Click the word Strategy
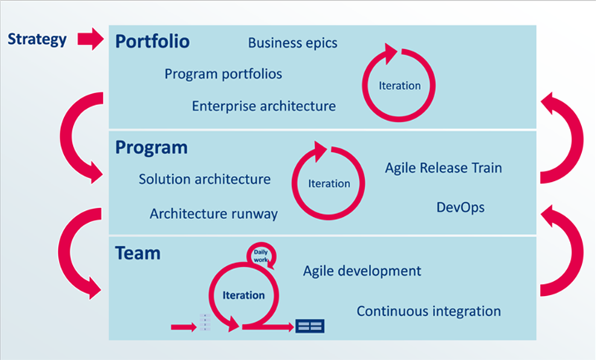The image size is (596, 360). coord(37,40)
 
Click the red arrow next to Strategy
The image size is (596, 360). coord(91,39)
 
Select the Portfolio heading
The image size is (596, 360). coord(153,42)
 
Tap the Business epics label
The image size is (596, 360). coord(293,43)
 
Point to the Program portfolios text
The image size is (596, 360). coord(223,74)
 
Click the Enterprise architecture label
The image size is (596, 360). coord(264,106)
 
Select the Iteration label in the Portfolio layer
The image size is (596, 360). coord(399,86)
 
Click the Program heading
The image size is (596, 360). coord(151,148)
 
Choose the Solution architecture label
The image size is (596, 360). coord(204,179)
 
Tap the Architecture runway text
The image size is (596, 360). coord(214,214)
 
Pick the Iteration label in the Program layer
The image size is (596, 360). coord(329,183)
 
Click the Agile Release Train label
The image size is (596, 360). coord(443,168)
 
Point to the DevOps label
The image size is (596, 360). coord(460,207)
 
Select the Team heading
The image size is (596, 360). coord(138,253)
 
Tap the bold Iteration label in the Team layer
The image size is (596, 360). coord(244,295)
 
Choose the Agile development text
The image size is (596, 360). coord(362,271)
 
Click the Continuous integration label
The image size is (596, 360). coord(429,312)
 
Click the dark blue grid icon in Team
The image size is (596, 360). coord(310,326)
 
